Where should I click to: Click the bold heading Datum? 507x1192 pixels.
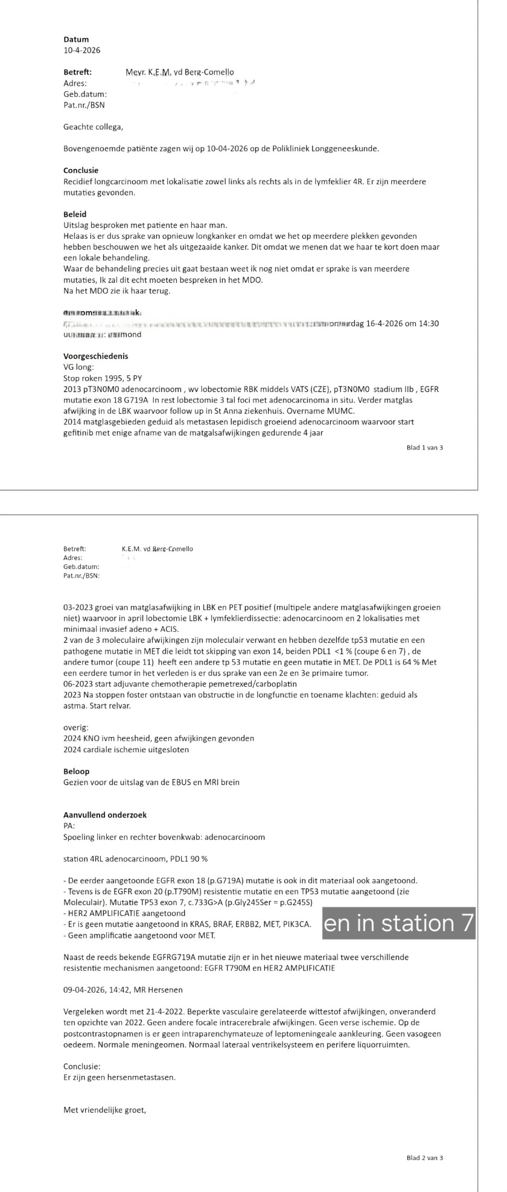tap(75, 39)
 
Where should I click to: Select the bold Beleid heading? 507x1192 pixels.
tap(74, 214)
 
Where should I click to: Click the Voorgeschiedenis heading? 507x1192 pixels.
tap(95, 356)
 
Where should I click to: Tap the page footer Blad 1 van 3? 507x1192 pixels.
tap(425, 448)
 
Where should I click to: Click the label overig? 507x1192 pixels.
tap(75, 727)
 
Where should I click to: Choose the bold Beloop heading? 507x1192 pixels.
tap(76, 772)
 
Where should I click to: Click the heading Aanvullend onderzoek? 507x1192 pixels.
tap(104, 815)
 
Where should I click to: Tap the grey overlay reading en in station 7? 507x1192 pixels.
tap(399, 923)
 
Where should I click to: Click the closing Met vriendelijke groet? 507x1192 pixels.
tap(104, 1075)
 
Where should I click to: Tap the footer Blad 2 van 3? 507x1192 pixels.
tap(425, 1158)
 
